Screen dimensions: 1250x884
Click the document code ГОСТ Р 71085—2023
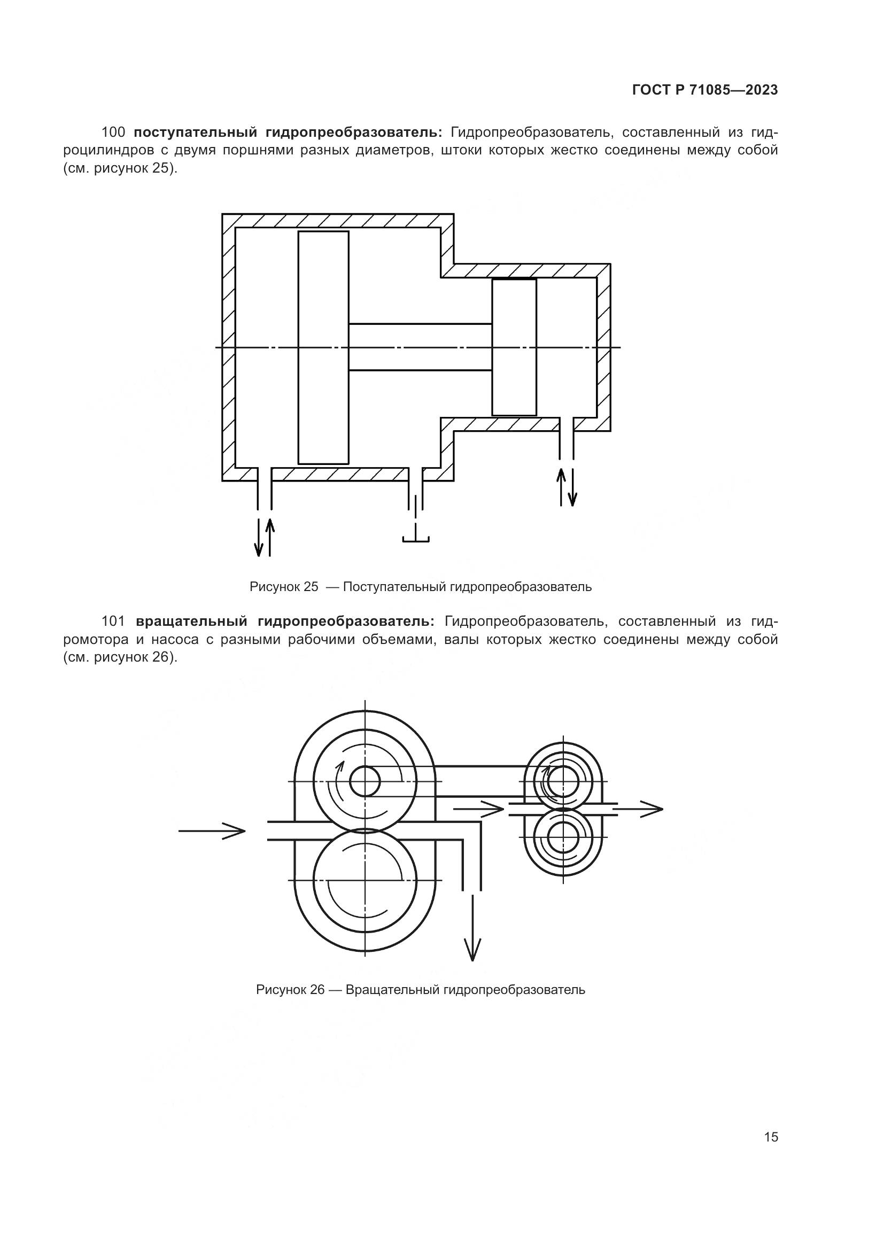[705, 90]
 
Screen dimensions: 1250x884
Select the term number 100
[113, 133]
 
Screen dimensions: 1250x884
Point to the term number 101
[113, 621]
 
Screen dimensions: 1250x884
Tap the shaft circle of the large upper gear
[365, 782]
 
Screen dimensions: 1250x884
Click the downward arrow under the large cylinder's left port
[259, 536]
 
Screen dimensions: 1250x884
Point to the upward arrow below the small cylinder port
[561, 487]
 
